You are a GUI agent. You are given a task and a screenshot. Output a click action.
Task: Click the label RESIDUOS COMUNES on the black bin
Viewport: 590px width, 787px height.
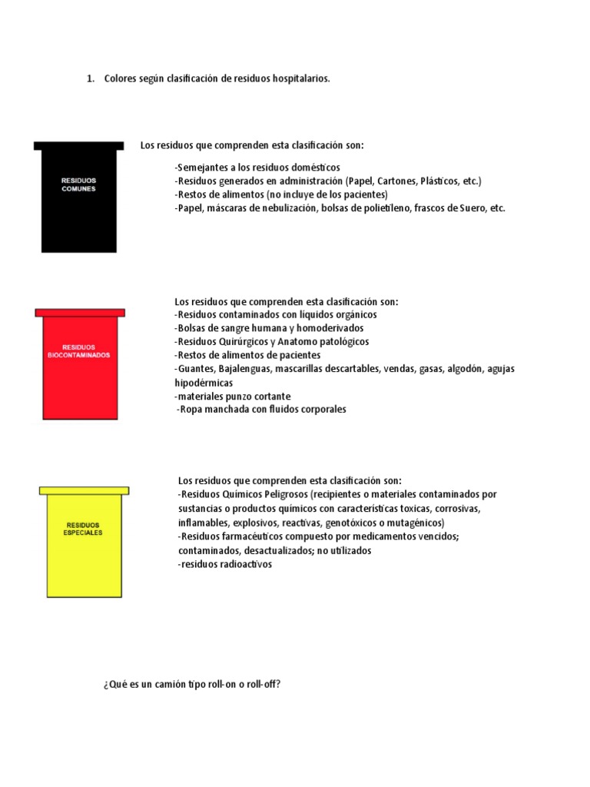(78, 184)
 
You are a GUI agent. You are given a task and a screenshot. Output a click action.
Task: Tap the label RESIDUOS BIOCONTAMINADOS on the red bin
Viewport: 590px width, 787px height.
(78, 351)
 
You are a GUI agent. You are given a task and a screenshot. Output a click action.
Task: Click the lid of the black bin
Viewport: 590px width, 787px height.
(78, 145)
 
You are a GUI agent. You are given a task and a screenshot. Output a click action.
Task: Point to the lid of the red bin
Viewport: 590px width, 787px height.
(80, 312)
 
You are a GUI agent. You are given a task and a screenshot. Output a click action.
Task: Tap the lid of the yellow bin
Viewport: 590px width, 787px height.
(84, 490)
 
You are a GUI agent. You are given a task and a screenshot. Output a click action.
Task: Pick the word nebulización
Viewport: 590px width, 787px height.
(284, 208)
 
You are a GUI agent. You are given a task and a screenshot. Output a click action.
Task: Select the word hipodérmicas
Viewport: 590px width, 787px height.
(204, 383)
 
